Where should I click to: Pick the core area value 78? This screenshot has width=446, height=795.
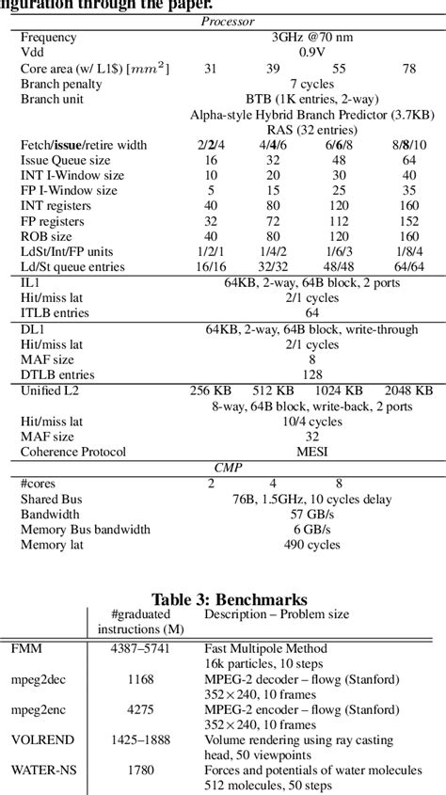pos(409,69)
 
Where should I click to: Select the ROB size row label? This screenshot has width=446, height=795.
pos(47,236)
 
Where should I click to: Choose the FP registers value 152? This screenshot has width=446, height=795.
pos(409,221)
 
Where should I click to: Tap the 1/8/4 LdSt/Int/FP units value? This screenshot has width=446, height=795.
pos(409,251)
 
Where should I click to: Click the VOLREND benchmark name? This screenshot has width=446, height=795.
pos(42,740)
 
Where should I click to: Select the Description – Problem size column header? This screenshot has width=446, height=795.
pos(277,614)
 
